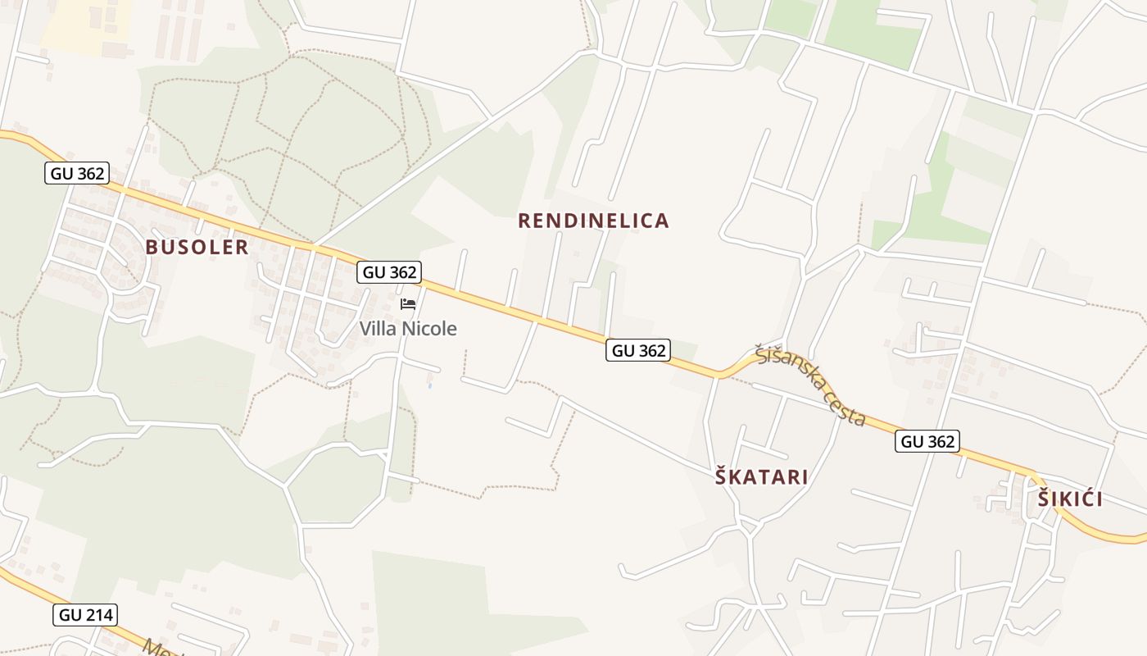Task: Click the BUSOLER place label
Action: click(x=197, y=248)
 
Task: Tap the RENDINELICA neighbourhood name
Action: click(x=593, y=221)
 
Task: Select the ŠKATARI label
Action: click(x=761, y=477)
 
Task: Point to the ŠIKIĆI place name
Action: click(x=1070, y=499)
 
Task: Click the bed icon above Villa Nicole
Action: click(x=408, y=304)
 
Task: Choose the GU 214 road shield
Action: click(x=85, y=615)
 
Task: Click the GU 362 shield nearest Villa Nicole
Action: click(x=389, y=272)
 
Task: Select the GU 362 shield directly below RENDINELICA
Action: click(x=639, y=351)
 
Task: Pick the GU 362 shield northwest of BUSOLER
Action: click(x=77, y=173)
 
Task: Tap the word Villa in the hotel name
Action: click(x=378, y=329)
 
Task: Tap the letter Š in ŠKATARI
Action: click(x=721, y=477)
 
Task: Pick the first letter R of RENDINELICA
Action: click(x=525, y=221)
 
